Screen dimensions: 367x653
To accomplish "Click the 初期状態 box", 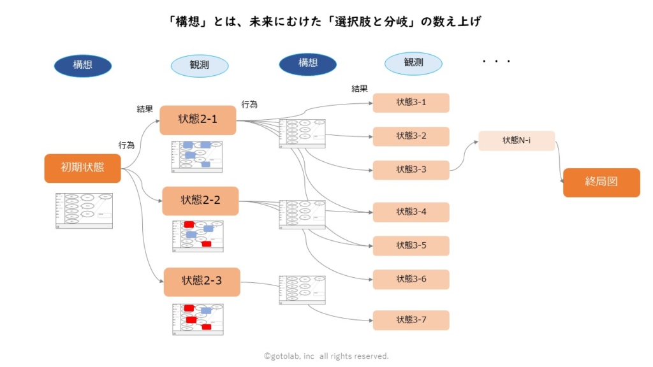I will (x=82, y=168).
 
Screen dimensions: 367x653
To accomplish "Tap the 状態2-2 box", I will (x=200, y=201).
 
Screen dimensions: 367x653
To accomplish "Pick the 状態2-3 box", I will (x=202, y=282).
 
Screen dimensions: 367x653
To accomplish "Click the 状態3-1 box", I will (x=411, y=103).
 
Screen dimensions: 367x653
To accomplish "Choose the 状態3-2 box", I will (x=411, y=136).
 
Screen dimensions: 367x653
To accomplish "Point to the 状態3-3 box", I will (x=411, y=170).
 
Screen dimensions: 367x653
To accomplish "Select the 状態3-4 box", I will (x=411, y=212).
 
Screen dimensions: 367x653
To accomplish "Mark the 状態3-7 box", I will (x=411, y=320).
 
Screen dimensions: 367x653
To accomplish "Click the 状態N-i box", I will (x=517, y=141).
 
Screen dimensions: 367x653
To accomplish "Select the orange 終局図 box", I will (x=601, y=182).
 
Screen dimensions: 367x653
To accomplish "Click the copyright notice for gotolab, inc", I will (x=326, y=356).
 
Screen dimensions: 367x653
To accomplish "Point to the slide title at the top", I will (x=326, y=22).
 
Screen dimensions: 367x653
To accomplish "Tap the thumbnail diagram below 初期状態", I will (x=84, y=210).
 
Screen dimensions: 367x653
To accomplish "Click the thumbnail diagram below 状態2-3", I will (x=198, y=319).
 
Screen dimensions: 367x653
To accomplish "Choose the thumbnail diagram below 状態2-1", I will (x=197, y=157).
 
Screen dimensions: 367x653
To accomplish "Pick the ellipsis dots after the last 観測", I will (x=497, y=62).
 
